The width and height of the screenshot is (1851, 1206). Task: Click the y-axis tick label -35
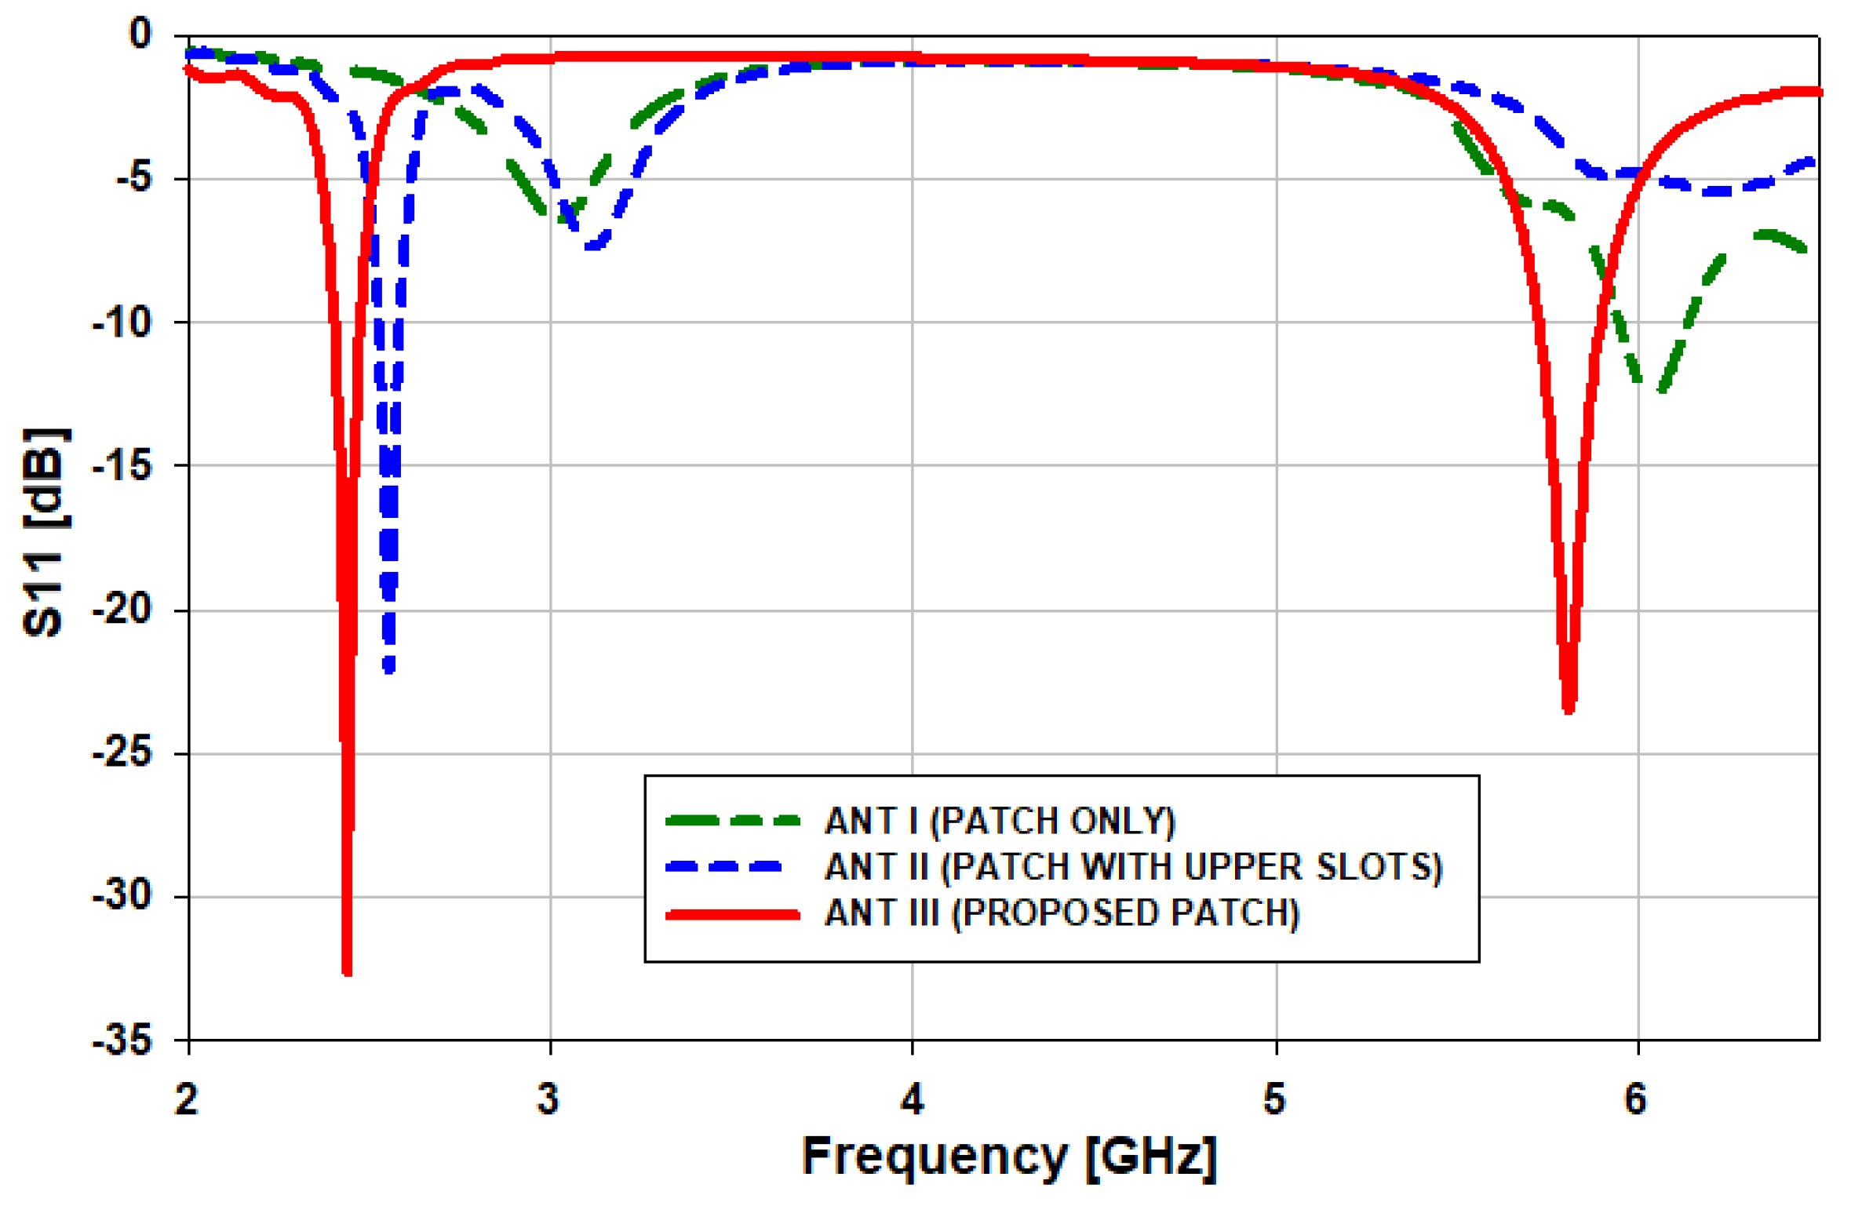(x=122, y=1041)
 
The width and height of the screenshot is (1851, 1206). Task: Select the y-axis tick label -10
(x=122, y=322)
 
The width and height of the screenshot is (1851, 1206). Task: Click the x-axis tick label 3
(x=548, y=1099)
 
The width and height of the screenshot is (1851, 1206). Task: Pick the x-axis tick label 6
(x=1634, y=1099)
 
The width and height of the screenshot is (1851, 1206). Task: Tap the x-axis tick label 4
(x=912, y=1099)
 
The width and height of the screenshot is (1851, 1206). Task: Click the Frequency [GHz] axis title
(x=1009, y=1156)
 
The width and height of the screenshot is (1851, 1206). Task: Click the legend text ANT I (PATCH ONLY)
(x=1000, y=821)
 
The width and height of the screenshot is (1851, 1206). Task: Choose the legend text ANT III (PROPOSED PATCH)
(x=1062, y=913)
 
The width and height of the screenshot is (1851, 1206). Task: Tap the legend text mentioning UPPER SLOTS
(x=1133, y=867)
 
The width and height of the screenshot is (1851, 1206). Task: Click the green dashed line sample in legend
(x=732, y=821)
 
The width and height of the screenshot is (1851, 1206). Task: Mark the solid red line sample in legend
(x=732, y=914)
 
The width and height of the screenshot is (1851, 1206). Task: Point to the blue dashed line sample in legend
(x=723, y=867)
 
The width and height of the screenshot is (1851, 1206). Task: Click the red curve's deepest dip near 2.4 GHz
(x=347, y=971)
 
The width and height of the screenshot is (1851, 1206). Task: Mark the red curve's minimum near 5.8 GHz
(x=1568, y=709)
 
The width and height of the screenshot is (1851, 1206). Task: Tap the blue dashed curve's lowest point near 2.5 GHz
(x=389, y=669)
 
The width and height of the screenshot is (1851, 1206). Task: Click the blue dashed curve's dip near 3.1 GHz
(x=593, y=246)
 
